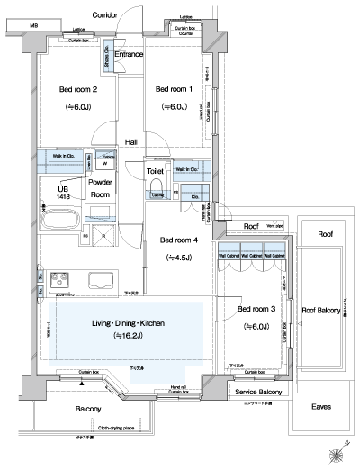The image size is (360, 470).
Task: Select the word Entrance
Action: click(x=130, y=55)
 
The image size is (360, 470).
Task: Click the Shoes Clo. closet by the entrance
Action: click(x=106, y=59)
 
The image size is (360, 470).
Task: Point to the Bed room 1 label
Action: click(x=175, y=89)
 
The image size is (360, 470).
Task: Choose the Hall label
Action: click(x=131, y=142)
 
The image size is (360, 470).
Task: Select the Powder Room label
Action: click(x=99, y=187)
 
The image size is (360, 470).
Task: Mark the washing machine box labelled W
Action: click(x=106, y=163)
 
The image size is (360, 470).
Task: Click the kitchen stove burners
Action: click(x=59, y=277)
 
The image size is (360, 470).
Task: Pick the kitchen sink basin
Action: click(x=96, y=278)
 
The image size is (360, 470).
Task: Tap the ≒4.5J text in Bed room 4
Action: click(x=178, y=258)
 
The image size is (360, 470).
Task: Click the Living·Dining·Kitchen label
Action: click(x=126, y=323)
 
